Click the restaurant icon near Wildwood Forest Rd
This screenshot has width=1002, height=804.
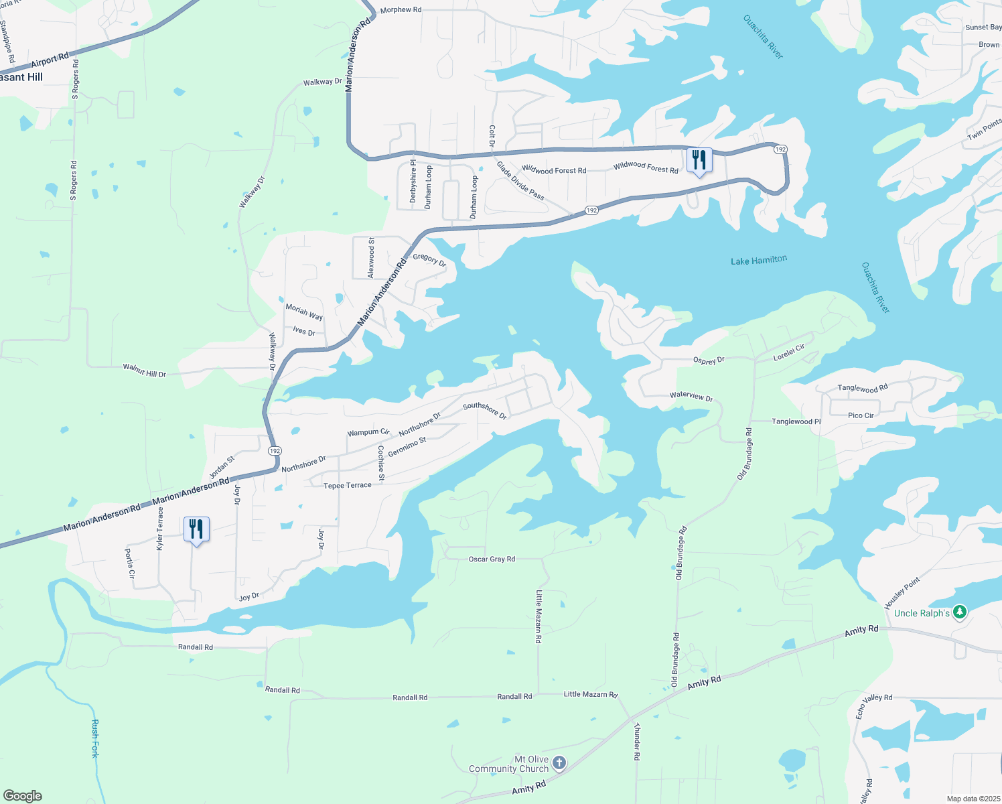tap(699, 161)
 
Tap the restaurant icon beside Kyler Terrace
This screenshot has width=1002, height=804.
tap(196, 530)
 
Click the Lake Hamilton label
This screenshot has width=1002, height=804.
tap(759, 260)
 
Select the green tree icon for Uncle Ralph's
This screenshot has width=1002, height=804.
tap(960, 612)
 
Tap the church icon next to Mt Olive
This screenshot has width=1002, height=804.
tap(559, 763)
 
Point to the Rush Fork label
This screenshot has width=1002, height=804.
tap(95, 738)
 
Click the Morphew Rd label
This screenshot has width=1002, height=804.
tap(401, 10)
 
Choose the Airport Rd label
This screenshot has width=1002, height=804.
tap(50, 62)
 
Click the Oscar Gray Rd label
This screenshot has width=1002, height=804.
tap(492, 559)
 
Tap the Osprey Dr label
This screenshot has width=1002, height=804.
tap(709, 360)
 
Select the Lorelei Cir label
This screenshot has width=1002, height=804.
tap(788, 353)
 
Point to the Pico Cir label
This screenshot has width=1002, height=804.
tap(861, 415)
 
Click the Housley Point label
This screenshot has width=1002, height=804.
tap(902, 593)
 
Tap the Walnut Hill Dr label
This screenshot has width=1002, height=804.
tap(144, 370)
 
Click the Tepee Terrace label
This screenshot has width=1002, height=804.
tap(347, 486)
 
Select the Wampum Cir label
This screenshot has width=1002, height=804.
tap(368, 433)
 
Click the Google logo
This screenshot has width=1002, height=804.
tap(23, 796)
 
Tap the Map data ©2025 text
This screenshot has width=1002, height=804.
tap(973, 799)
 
